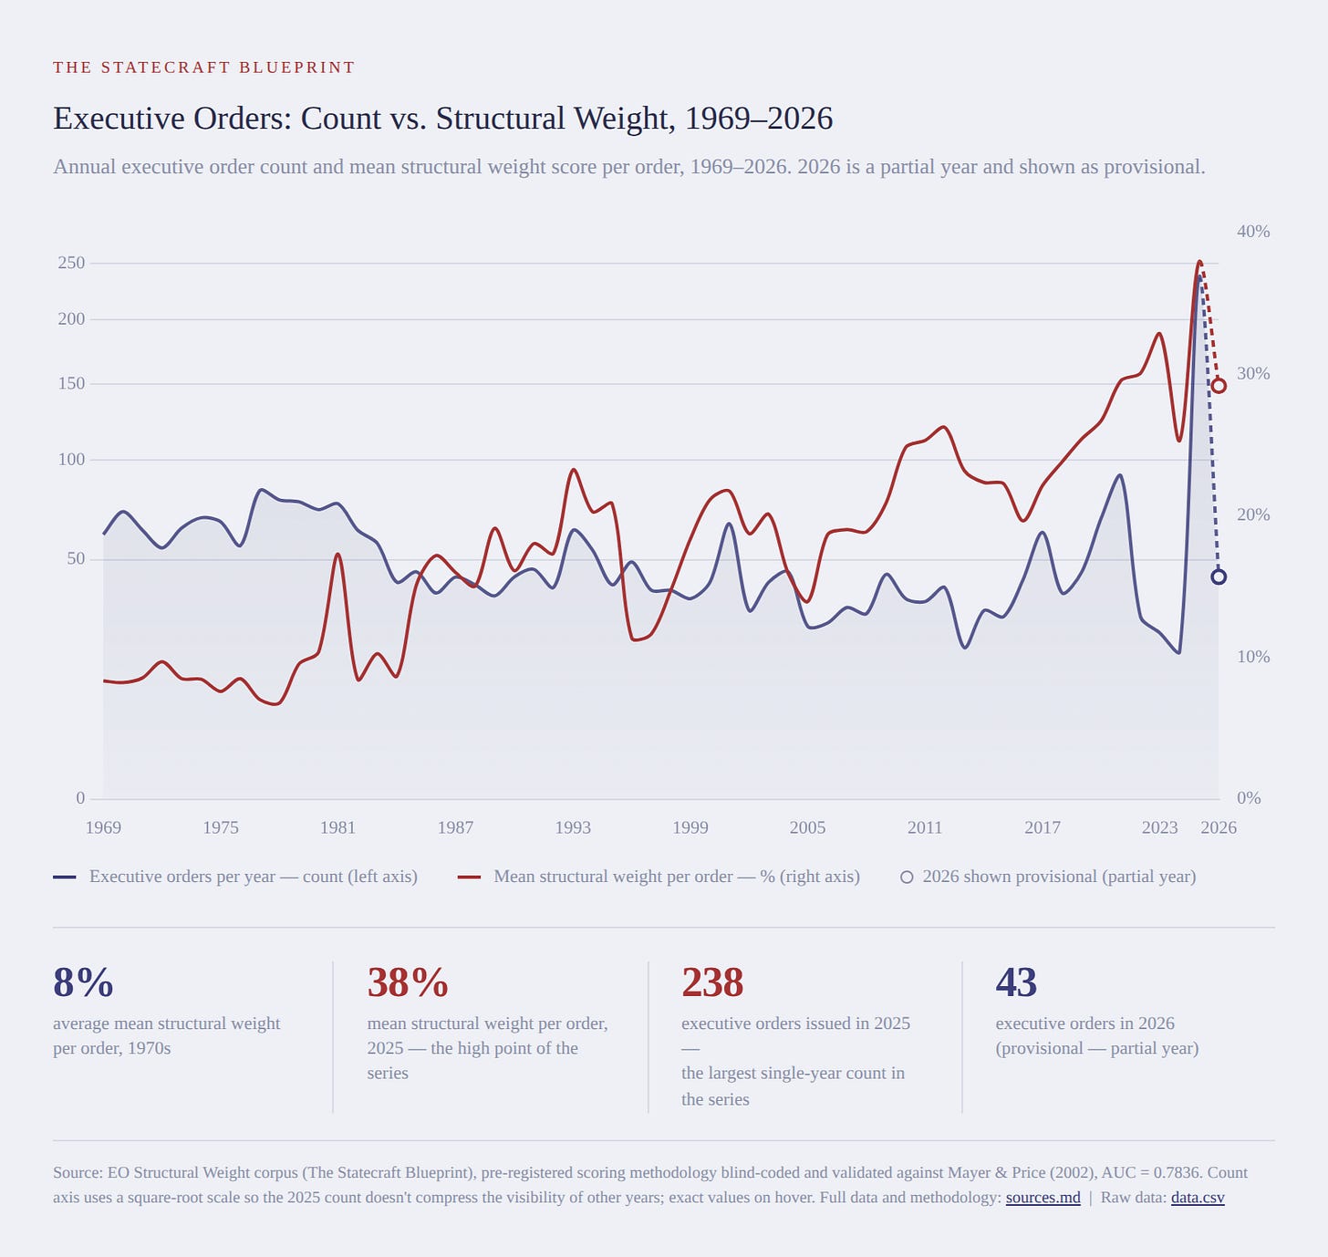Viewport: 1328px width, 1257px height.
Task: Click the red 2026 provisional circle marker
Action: pyautogui.click(x=1218, y=386)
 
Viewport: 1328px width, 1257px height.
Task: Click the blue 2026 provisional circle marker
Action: pyautogui.click(x=1218, y=577)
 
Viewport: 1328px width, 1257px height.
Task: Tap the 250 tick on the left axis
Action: pyautogui.click(x=72, y=263)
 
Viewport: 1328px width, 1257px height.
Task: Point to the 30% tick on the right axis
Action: pyautogui.click(x=1253, y=374)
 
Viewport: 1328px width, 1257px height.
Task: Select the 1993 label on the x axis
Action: pyautogui.click(x=572, y=828)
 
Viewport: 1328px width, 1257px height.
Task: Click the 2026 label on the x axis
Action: pyautogui.click(x=1218, y=828)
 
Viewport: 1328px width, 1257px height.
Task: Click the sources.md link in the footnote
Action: pyautogui.click(x=1043, y=1198)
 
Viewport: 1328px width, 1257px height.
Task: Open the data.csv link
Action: pyautogui.click(x=1198, y=1198)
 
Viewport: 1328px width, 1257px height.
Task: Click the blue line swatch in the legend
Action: pyautogui.click(x=65, y=878)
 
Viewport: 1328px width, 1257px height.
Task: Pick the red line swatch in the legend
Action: pyautogui.click(x=470, y=878)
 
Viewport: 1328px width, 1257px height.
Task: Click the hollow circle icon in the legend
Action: pyautogui.click(x=907, y=878)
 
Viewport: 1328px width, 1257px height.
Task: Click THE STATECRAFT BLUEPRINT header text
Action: pyautogui.click(x=204, y=68)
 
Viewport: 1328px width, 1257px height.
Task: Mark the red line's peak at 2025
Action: pyautogui.click(x=1199, y=261)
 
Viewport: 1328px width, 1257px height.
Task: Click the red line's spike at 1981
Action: pyautogui.click(x=338, y=555)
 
